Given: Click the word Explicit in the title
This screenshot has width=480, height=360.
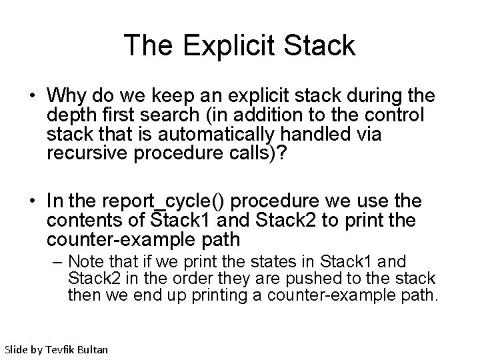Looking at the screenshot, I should pos(221,46).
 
